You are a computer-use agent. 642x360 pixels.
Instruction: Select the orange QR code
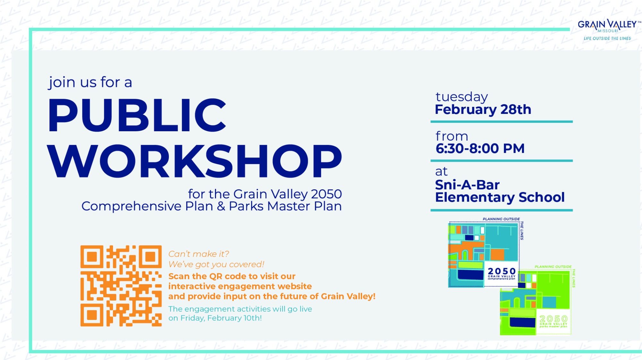[x=121, y=286]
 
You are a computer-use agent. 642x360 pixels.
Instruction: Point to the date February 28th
[x=483, y=110]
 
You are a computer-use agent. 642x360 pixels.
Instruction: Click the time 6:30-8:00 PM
[x=480, y=149]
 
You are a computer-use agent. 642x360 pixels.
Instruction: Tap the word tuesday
[x=462, y=97]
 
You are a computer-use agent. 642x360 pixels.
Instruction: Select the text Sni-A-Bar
[x=467, y=185]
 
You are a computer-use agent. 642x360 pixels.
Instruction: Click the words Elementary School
[x=500, y=197]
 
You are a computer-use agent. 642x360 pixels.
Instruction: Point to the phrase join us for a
[x=90, y=82]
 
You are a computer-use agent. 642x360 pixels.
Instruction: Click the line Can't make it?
[x=199, y=254]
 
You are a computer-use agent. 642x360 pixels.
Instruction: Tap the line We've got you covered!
[x=216, y=264]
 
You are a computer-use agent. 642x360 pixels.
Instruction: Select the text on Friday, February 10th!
[x=215, y=318]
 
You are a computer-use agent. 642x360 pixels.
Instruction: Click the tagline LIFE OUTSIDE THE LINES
[x=607, y=39]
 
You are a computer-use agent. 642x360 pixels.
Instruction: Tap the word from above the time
[x=452, y=136]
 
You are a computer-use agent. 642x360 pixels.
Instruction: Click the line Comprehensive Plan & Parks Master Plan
[x=212, y=206]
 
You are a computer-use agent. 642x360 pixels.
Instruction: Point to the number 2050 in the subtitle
[x=326, y=194]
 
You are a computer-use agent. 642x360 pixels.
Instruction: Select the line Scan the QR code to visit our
[x=232, y=276]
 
